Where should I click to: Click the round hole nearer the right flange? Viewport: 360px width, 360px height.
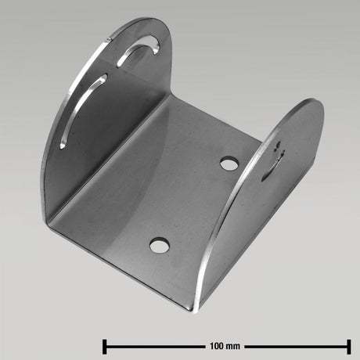coord(229,164)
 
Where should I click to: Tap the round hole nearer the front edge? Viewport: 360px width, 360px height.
coord(159,246)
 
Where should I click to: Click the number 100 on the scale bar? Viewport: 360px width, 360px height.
coord(218,345)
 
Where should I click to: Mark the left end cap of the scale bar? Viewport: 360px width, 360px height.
coord(105,345)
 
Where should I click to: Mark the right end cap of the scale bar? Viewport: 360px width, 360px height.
coord(349,345)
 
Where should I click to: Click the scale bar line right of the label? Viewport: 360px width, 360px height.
coord(297,345)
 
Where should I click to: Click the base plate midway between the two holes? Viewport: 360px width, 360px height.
coord(194,205)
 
